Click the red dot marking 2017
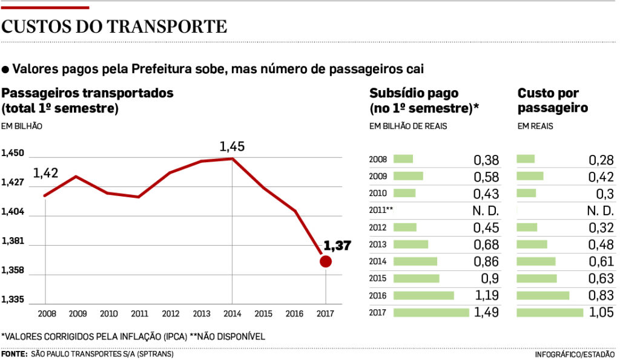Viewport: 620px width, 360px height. [326, 261]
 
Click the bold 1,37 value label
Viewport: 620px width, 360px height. [337, 246]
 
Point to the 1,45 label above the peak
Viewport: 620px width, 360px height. [232, 146]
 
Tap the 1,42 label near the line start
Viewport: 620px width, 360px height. [45, 174]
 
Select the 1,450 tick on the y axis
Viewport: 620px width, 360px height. [13, 154]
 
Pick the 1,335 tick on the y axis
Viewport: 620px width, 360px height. [13, 300]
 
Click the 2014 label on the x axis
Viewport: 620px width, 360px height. [232, 315]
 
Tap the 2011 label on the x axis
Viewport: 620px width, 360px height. [139, 315]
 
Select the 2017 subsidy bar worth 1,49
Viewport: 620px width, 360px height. [431, 313]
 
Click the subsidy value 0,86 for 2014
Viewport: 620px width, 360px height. [487, 261]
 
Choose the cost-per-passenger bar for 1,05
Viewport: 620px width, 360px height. [550, 313]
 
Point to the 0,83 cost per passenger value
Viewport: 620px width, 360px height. [601, 296]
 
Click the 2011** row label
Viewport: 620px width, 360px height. [381, 211]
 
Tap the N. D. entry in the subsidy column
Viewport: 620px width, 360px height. [485, 211]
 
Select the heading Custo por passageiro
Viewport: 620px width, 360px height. [553, 101]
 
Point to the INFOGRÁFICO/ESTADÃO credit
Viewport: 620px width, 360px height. [575, 355]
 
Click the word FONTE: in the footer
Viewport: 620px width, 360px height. [14, 355]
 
